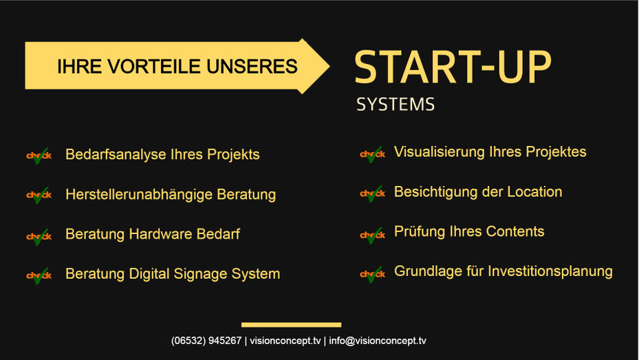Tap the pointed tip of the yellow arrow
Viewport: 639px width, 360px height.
tap(329, 66)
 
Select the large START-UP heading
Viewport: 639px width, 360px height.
tap(453, 67)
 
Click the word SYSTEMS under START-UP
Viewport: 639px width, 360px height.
tap(396, 105)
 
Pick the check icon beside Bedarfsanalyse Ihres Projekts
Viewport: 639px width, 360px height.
tap(39, 156)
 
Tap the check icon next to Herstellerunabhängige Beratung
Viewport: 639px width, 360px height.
tap(39, 195)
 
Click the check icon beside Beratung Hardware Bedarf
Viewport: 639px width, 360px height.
tap(39, 237)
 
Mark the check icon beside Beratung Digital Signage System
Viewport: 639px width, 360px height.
tap(39, 275)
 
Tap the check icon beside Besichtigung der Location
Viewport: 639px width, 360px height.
tap(373, 193)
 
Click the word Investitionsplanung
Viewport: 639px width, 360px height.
tap(550, 271)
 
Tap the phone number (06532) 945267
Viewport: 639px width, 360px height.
tap(206, 341)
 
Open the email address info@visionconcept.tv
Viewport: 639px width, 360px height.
tap(378, 341)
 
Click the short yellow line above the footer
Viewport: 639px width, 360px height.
tap(292, 325)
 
